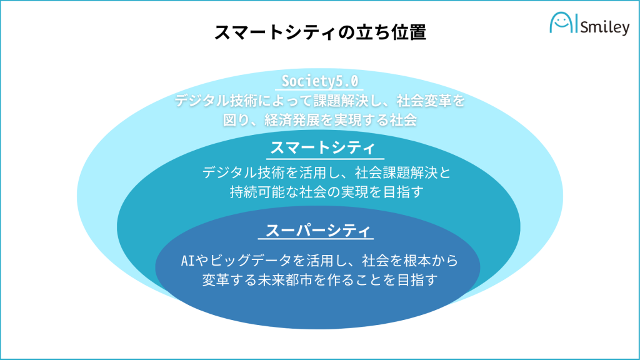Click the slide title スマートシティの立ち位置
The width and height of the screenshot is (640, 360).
point(320,32)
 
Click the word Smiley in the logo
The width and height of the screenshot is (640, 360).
point(604,27)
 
